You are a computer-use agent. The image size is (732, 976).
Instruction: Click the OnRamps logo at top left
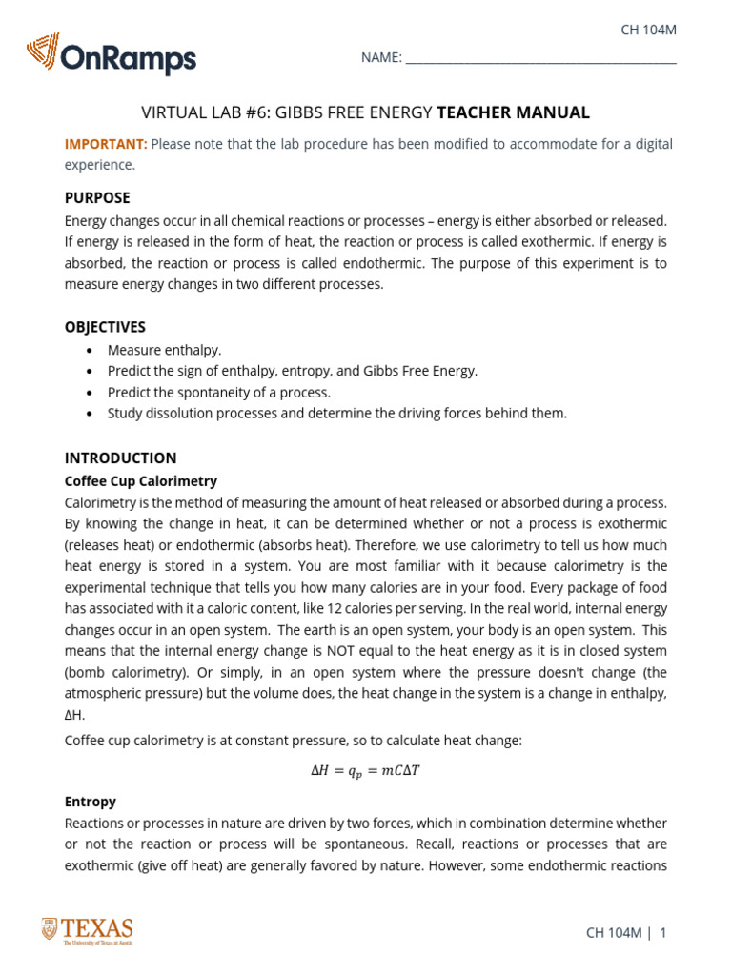112,55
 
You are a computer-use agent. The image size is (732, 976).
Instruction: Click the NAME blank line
540,59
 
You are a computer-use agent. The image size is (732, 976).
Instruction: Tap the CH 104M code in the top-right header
648,30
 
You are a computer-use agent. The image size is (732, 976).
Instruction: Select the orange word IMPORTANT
106,144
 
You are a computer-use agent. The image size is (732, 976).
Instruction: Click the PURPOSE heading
97,198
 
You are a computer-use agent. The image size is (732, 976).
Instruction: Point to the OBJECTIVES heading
105,327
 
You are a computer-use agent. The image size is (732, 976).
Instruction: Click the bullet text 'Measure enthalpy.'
164,350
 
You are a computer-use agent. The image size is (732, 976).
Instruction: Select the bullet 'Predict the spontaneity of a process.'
219,392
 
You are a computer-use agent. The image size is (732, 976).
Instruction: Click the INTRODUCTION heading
120,457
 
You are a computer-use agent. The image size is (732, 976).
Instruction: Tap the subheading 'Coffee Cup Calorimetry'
140,481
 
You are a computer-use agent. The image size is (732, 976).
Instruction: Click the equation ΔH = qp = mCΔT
365,770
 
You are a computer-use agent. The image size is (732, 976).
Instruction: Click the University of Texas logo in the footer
87,930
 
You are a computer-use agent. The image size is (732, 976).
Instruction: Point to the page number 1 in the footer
662,933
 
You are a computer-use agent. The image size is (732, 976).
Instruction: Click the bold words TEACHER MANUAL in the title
513,112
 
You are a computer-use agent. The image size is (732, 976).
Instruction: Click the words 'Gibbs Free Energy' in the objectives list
418,371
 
